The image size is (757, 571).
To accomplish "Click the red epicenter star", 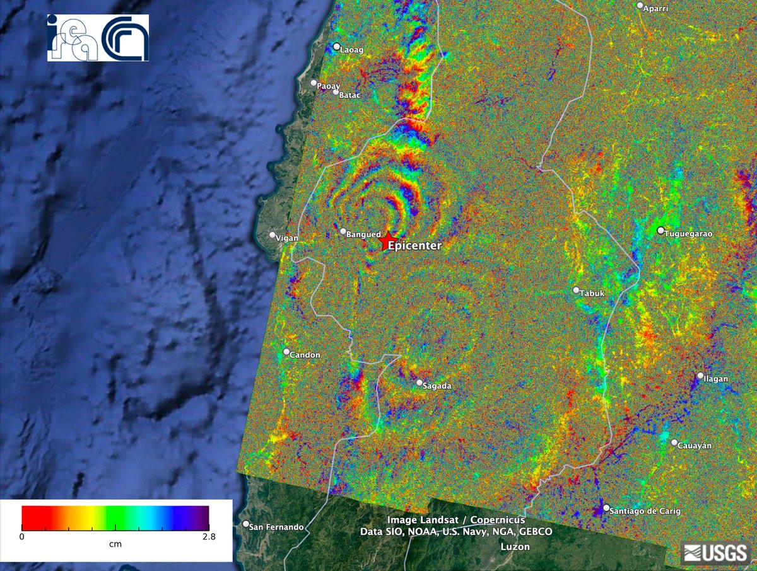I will [x=385, y=242].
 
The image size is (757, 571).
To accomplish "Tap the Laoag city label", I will [x=352, y=50].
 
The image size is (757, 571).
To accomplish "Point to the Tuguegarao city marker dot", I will [x=660, y=231].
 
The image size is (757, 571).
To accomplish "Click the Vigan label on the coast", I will [x=287, y=238].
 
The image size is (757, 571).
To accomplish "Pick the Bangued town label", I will [x=361, y=234].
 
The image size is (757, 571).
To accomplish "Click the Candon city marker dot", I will [x=286, y=352].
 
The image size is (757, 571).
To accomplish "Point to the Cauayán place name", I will [x=695, y=446].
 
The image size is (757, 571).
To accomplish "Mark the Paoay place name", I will [x=329, y=86].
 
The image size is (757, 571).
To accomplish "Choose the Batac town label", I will [x=350, y=96].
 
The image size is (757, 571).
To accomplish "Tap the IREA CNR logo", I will [x=98, y=37].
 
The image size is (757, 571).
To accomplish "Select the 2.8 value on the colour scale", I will [x=209, y=537].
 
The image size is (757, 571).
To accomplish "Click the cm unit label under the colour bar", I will [x=115, y=543].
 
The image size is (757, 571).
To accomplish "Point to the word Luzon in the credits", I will [x=515, y=547].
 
